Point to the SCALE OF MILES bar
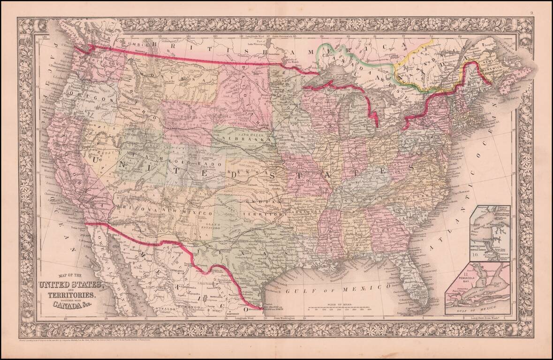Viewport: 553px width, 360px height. tap(340, 307)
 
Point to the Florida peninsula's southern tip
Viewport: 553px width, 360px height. tap(420, 309)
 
